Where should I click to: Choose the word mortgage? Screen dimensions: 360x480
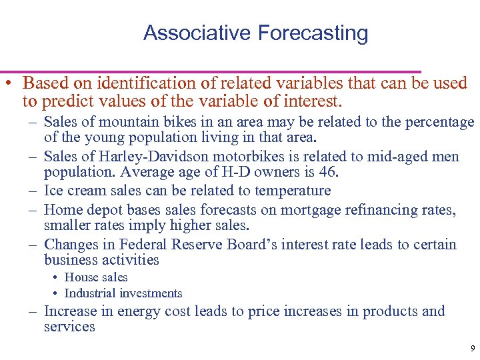[x=309, y=210]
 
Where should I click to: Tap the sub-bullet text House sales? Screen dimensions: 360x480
[x=96, y=277]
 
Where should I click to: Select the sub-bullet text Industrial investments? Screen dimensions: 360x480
[x=123, y=293]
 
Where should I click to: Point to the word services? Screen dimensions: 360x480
[x=69, y=327]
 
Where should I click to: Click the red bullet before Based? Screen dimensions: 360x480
[x=7, y=84]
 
